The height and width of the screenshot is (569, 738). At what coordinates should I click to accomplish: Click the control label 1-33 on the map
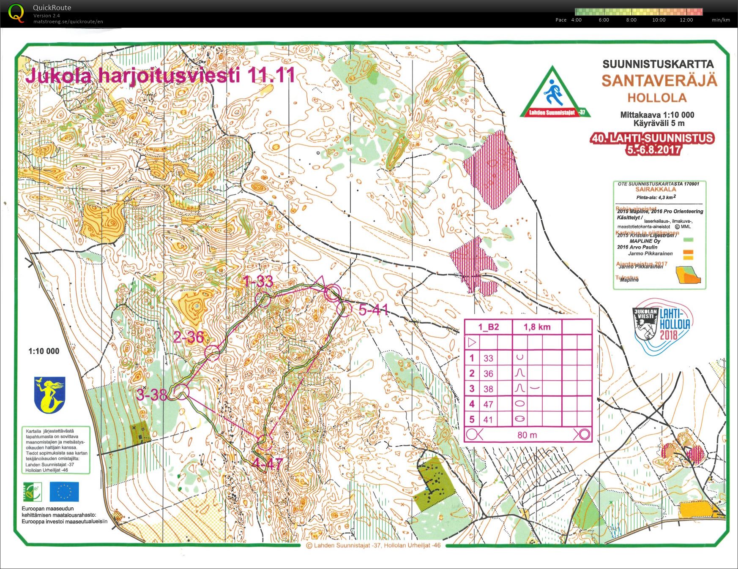point(258,281)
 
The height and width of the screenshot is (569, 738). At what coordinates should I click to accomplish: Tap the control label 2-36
point(189,337)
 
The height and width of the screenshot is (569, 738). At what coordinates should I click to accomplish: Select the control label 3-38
point(152,395)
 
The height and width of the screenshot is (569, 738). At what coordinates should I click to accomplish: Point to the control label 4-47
point(267,464)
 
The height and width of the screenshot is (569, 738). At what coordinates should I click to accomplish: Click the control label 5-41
point(374,310)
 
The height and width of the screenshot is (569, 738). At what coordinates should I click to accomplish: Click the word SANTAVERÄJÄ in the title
point(659,81)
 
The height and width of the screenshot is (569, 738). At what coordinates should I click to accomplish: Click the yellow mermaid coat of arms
point(50,395)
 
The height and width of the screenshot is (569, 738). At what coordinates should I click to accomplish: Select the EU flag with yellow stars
point(64,492)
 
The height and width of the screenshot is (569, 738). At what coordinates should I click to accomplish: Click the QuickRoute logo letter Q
point(16,13)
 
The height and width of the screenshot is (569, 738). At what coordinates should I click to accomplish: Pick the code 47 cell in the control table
point(488,404)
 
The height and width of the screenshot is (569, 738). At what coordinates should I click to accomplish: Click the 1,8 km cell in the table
point(537,327)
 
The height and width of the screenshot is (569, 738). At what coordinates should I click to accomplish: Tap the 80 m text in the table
point(527,435)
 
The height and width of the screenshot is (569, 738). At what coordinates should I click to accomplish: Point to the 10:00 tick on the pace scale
point(659,20)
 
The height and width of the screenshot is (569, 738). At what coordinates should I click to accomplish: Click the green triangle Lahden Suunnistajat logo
point(555,94)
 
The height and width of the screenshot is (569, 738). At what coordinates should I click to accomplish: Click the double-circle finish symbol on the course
point(333,292)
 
